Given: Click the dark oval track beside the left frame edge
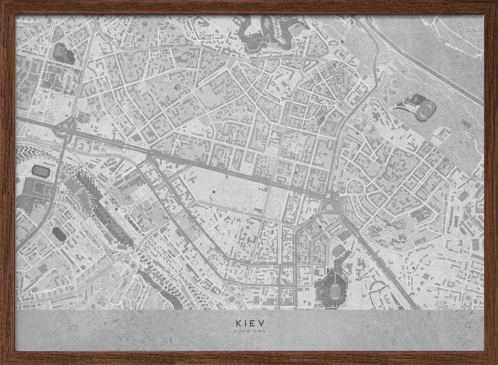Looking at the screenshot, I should pyautogui.click(x=41, y=171).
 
